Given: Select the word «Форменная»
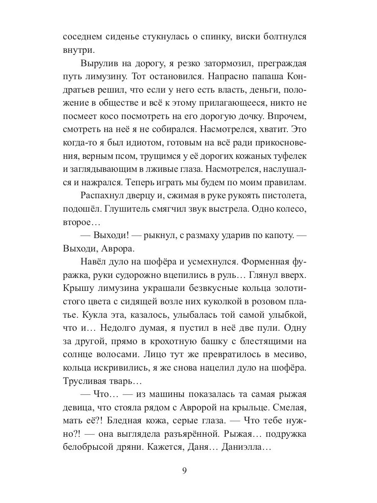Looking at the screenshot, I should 261,262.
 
